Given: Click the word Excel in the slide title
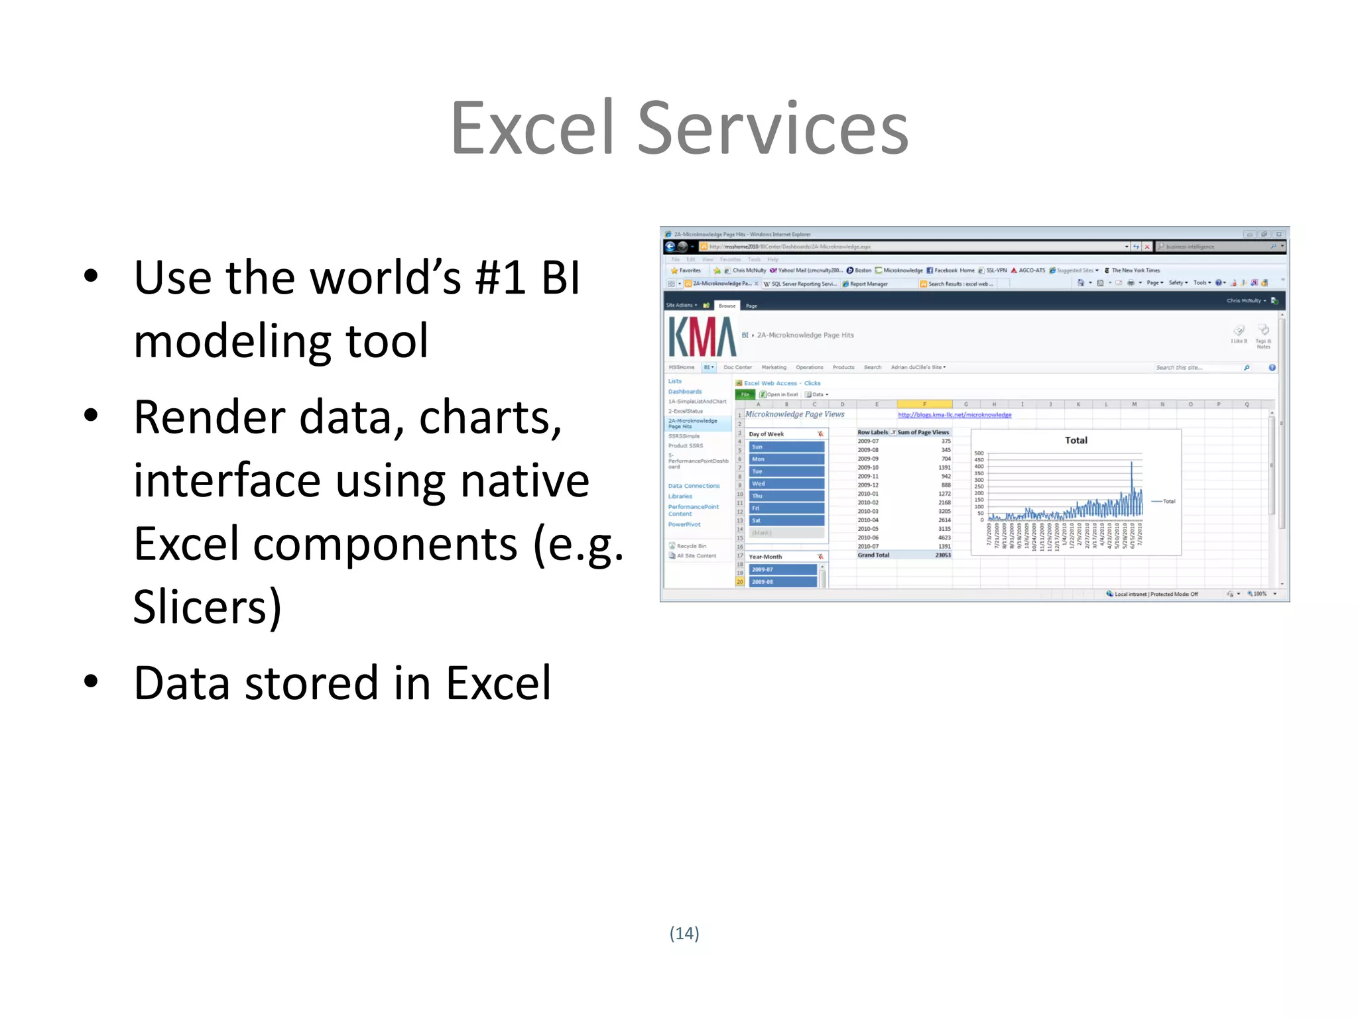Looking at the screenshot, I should [532, 129].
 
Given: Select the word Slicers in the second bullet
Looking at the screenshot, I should [199, 606].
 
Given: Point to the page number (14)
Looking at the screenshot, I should [684, 933].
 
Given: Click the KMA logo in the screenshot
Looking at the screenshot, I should [702, 337].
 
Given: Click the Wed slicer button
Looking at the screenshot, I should [786, 484].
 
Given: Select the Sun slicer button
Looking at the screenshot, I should [786, 447].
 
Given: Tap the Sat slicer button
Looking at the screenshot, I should [786, 520].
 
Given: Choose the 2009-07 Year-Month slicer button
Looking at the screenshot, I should [782, 569].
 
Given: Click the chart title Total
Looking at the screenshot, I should [1076, 440].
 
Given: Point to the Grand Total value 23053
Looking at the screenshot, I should [942, 555].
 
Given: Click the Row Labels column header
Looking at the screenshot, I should [873, 432].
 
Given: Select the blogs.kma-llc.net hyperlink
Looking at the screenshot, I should [954, 415].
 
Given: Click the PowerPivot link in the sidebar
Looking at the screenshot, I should [684, 524].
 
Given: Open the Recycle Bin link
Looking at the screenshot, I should [691, 546].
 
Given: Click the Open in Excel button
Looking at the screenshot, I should [780, 394].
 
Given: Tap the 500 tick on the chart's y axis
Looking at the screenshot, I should [979, 453].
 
